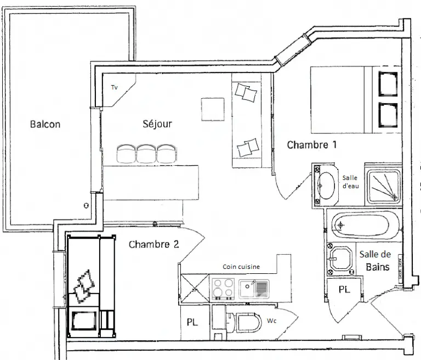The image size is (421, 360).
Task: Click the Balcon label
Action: tap(45, 124)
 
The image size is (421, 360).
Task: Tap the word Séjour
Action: tap(157, 123)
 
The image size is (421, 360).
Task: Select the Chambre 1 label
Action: tap(312, 145)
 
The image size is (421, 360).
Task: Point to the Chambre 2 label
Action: tap(154, 244)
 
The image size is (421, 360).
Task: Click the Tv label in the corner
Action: tap(115, 87)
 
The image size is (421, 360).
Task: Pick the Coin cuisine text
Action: tap(241, 267)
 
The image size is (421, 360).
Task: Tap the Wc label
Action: tap(271, 320)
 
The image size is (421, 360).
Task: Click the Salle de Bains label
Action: tap(375, 261)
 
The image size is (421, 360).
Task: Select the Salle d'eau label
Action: tap(350, 182)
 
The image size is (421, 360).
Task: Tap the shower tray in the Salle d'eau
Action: tap(383, 187)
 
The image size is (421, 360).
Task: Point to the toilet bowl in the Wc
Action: tap(248, 322)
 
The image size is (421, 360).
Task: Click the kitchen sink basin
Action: tap(247, 288)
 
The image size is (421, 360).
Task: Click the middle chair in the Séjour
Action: tap(146, 154)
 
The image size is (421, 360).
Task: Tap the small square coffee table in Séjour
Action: tap(213, 109)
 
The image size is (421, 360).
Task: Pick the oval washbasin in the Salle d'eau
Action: tap(326, 185)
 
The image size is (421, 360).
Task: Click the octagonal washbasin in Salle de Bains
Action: tap(341, 258)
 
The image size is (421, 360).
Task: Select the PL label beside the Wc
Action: tap(192, 322)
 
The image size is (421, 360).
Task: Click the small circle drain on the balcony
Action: tap(86, 206)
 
